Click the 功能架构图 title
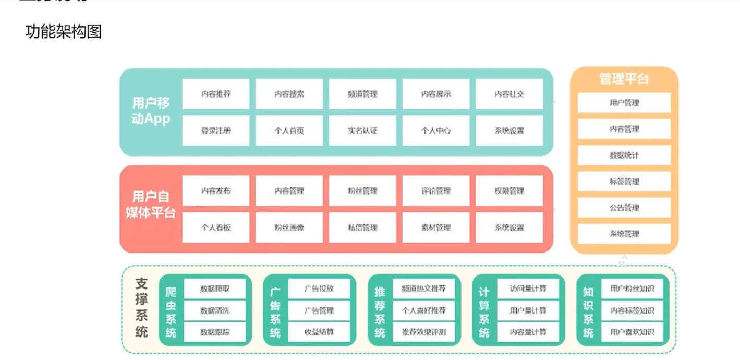tap(63, 32)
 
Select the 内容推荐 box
tap(216, 94)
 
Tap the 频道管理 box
tap(362, 94)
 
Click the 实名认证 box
tap(362, 130)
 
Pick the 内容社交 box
tap(509, 94)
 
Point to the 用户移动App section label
tap(151, 111)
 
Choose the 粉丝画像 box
tap(289, 227)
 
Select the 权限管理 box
tap(509, 191)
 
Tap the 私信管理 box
tap(362, 227)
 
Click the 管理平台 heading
tap(624, 79)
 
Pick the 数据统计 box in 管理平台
tap(624, 155)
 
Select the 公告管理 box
tap(624, 208)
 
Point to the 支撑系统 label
tap(141, 308)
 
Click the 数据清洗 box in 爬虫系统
tap(215, 311)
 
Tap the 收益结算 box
tap(319, 332)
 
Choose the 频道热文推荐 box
tap(424, 289)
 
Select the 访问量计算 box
tap(528, 289)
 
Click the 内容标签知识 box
tap(633, 311)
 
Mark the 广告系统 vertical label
tap(275, 311)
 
